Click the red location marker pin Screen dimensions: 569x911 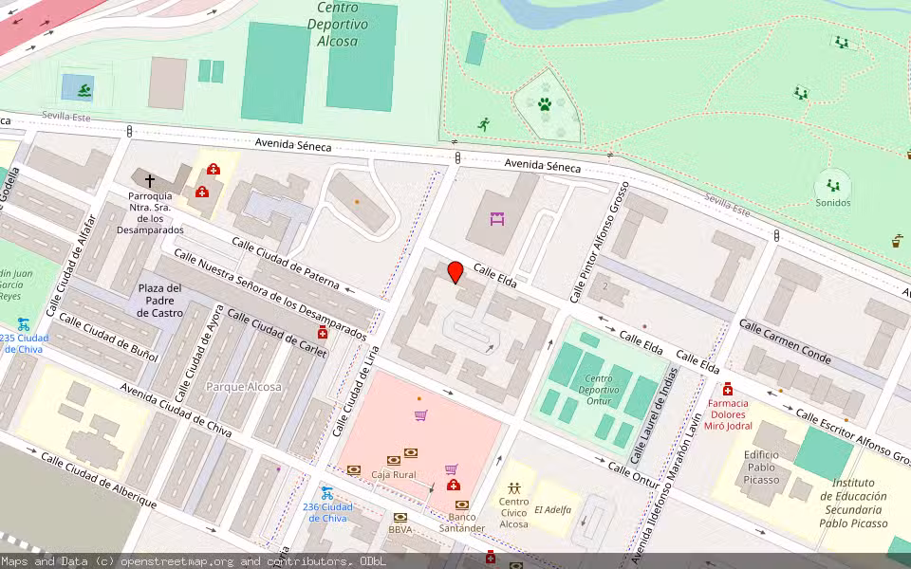click(x=455, y=272)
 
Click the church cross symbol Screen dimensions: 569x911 click(x=149, y=179)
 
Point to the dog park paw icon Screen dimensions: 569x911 click(x=545, y=104)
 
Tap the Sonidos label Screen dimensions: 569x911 click(x=832, y=202)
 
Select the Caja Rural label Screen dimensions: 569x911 click(x=395, y=474)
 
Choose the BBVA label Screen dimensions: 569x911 click(x=400, y=529)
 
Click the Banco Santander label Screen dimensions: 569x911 click(x=462, y=523)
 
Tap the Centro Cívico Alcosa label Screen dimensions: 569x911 click(x=513, y=513)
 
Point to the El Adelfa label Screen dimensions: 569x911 click(x=552, y=509)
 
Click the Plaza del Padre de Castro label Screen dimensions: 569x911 click(x=159, y=300)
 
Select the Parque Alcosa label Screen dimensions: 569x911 click(x=244, y=387)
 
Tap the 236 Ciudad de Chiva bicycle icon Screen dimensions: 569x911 click(x=326, y=493)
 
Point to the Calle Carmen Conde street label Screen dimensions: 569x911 click(x=785, y=341)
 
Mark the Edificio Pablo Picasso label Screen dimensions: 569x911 click(x=761, y=468)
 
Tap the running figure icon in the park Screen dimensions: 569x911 click(x=484, y=124)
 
